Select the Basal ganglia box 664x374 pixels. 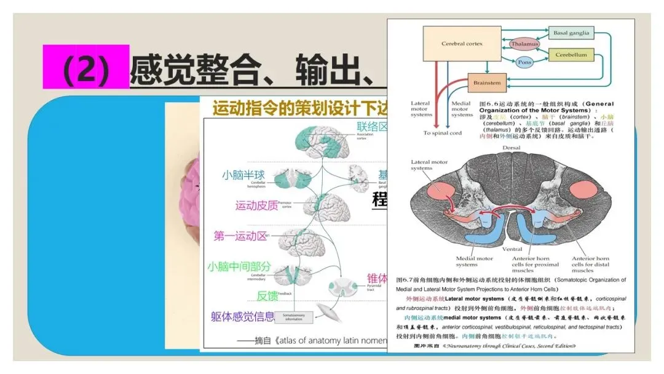pyautogui.click(x=571, y=33)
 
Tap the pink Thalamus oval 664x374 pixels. pyautogui.click(x=524, y=44)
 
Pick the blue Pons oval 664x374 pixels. pyautogui.click(x=524, y=63)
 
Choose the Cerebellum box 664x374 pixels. pyautogui.click(x=571, y=55)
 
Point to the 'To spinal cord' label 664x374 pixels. pyautogui.click(x=442, y=133)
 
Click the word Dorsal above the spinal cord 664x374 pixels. pyautogui.click(x=512, y=148)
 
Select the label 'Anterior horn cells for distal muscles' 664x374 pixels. pyautogui.click(x=590, y=265)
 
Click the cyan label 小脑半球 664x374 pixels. pyautogui.click(x=243, y=175)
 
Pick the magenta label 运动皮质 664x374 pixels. pyautogui.click(x=256, y=205)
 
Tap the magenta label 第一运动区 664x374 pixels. pyautogui.click(x=241, y=236)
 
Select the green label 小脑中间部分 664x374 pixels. pyautogui.click(x=239, y=266)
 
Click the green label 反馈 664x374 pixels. pyautogui.click(x=267, y=295)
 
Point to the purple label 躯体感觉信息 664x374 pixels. pyautogui.click(x=242, y=317)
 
